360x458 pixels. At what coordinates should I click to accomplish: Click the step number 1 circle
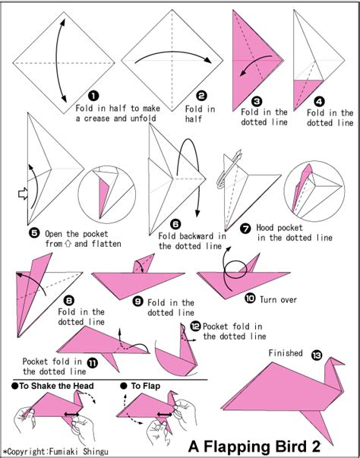tap(93, 96)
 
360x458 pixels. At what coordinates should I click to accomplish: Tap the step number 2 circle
tap(201, 96)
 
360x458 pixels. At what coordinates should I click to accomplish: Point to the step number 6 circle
tap(175, 224)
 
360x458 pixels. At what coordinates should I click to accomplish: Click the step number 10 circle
tap(251, 298)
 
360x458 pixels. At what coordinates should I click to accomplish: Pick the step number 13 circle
tap(316, 354)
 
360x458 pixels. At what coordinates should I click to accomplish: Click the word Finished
tap(286, 353)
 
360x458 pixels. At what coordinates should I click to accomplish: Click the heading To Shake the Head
tap(49, 386)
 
